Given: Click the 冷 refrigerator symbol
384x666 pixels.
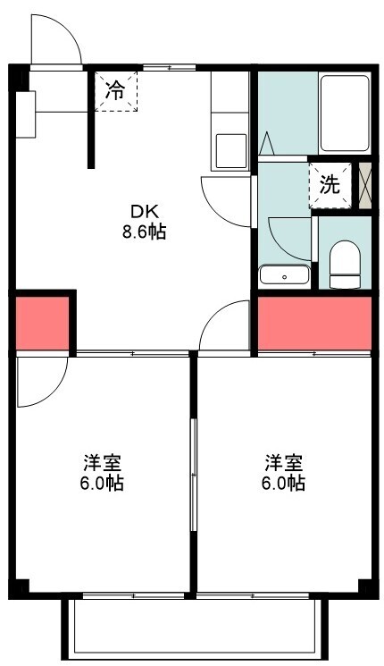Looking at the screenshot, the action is pyautogui.click(x=116, y=91).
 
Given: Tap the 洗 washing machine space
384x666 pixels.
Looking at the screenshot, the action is pyautogui.click(x=330, y=185).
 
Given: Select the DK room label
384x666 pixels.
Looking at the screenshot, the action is pyautogui.click(x=145, y=211).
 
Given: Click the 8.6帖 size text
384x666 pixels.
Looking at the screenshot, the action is pyautogui.click(x=145, y=232).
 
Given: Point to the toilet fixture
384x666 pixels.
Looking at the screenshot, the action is pyautogui.click(x=345, y=265).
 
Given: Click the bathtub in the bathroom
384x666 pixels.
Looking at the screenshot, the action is pyautogui.click(x=344, y=113).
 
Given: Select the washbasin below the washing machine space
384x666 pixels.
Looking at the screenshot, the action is pyautogui.click(x=284, y=275).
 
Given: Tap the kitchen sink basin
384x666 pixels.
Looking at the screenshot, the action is pyautogui.click(x=230, y=151).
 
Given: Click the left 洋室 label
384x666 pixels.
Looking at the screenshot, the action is pyautogui.click(x=103, y=463).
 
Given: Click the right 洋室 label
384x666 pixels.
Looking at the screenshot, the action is pyautogui.click(x=284, y=463).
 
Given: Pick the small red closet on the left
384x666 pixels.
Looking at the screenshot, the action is pyautogui.click(x=43, y=324).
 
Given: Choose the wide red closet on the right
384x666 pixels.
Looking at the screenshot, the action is pyautogui.click(x=314, y=324).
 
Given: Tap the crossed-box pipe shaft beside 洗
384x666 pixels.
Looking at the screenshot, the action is pyautogui.click(x=365, y=185).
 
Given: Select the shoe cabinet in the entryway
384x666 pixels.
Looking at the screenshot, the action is pyautogui.click(x=26, y=114).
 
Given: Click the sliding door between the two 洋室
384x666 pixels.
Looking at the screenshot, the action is pyautogui.click(x=194, y=475).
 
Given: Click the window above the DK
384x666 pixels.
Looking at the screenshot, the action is pyautogui.click(x=169, y=67).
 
